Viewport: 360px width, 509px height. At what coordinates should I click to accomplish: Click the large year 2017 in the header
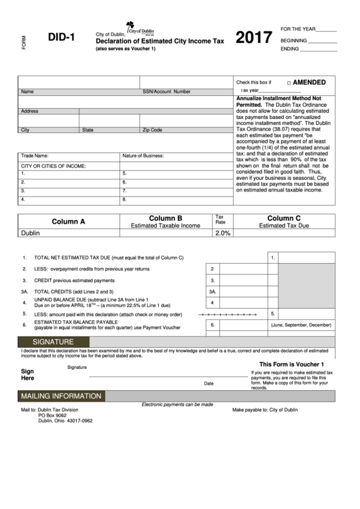(x=254, y=39)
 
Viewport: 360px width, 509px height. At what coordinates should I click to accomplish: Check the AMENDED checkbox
(x=289, y=83)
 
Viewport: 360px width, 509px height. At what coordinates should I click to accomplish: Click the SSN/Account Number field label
(x=166, y=91)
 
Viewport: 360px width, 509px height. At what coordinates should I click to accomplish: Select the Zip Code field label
(x=152, y=130)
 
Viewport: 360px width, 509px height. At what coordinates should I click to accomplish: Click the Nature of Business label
(x=143, y=156)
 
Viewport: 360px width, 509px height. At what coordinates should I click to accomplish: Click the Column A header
(x=69, y=222)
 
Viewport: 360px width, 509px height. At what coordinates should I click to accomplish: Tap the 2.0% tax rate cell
(x=223, y=233)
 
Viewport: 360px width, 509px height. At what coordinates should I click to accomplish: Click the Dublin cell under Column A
(x=31, y=233)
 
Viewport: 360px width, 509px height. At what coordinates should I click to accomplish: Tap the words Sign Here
(x=28, y=375)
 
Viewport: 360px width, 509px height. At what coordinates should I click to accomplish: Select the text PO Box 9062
(x=54, y=415)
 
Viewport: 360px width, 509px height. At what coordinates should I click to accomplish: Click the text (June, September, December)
(x=301, y=326)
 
